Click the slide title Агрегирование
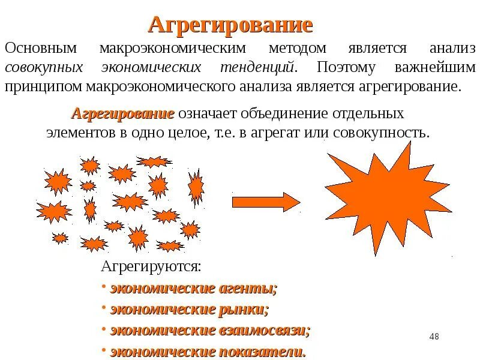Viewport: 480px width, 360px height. (x=230, y=25)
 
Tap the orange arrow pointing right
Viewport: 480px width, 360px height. (x=265, y=202)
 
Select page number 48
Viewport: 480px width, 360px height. (x=434, y=337)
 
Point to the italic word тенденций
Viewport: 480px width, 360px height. (x=261, y=67)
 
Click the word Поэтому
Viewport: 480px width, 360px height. (x=349, y=67)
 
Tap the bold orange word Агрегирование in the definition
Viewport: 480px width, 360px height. (x=123, y=113)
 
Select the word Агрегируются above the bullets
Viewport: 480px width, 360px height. (x=151, y=266)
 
